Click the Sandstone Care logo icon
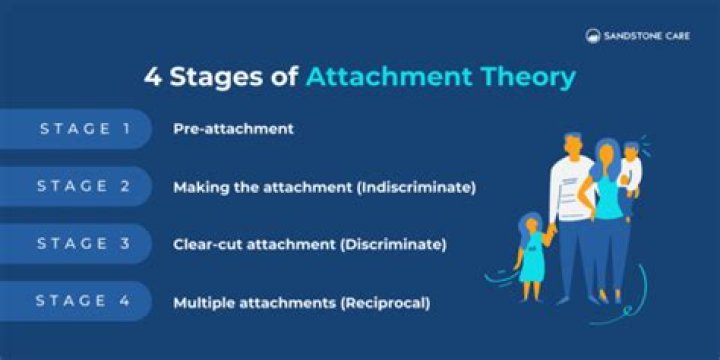(x=594, y=35)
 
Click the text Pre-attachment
(x=233, y=129)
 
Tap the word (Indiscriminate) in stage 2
(x=421, y=187)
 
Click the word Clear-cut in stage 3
(x=205, y=244)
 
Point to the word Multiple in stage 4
(x=203, y=302)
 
